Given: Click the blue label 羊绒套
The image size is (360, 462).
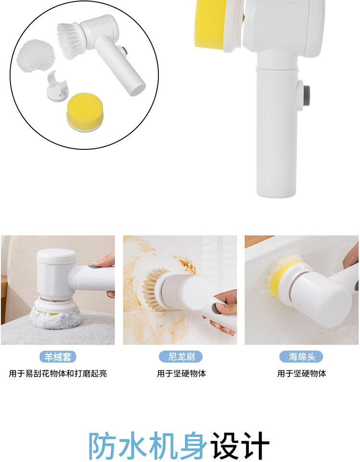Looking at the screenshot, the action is point(58,357).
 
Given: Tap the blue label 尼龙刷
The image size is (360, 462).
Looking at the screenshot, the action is point(181,357).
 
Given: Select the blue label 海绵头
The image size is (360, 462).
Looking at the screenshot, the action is point(301,357).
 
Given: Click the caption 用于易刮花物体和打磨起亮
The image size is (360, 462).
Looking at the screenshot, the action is point(58,374).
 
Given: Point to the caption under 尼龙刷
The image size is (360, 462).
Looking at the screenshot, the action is point(181,374).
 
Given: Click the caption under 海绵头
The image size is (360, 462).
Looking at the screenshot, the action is point(301,374).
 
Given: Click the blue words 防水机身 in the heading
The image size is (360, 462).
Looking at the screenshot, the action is point(148,445).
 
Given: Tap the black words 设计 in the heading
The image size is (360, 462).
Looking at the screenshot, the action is point(240,445).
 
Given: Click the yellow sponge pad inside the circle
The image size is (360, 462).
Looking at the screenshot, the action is point(85,112).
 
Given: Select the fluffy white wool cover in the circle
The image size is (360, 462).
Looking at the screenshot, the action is point(36,56).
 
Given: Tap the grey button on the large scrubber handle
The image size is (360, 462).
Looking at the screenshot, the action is point(306,97).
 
